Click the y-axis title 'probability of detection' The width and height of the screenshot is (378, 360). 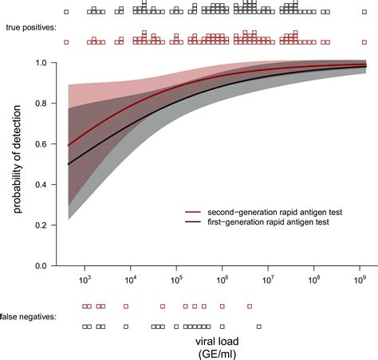(x=17, y=164)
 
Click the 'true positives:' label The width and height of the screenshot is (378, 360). (x=29, y=27)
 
